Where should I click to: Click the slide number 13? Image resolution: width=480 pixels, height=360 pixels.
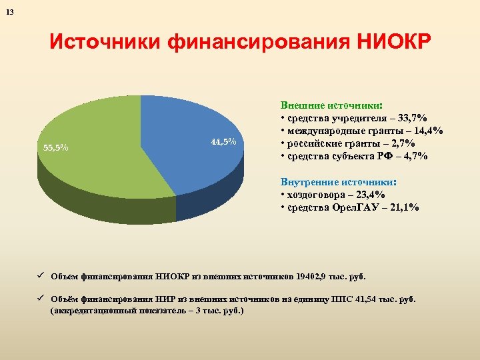(9, 11)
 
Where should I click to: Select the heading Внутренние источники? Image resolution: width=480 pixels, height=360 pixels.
(339, 182)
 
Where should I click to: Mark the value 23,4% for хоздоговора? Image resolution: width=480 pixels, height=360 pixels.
(375, 195)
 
